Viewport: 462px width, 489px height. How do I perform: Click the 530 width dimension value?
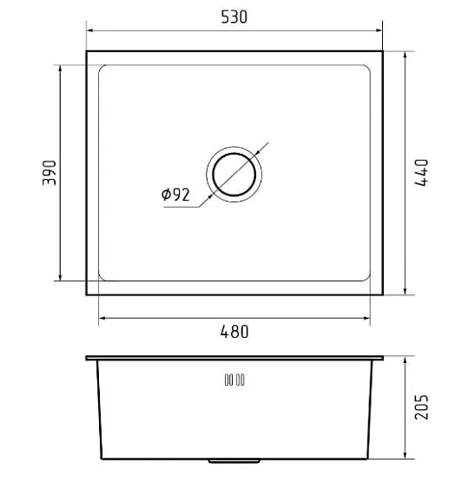click(x=234, y=17)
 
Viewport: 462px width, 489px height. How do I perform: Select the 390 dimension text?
click(x=49, y=173)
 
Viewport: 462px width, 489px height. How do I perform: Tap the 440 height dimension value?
click(x=422, y=173)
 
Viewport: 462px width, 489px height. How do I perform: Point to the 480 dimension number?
click(x=234, y=332)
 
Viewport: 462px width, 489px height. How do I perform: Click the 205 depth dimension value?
click(x=422, y=406)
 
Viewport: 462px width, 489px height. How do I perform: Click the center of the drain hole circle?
click(x=234, y=173)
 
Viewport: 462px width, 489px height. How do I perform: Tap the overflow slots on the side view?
click(x=234, y=380)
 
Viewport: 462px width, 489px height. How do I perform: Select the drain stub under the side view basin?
click(x=234, y=461)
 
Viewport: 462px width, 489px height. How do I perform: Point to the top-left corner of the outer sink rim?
click(x=87, y=51)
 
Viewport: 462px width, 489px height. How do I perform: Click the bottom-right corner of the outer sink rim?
click(x=382, y=295)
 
